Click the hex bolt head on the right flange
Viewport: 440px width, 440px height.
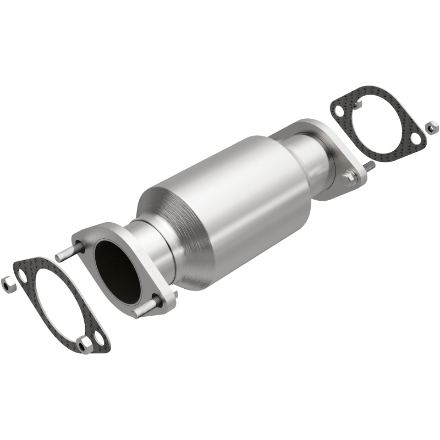347,177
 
